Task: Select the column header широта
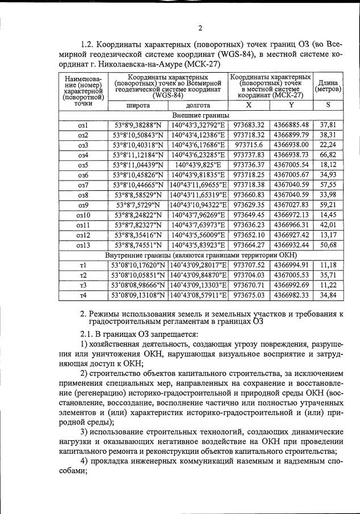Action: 138,105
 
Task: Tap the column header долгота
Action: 198,105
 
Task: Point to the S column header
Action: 328,105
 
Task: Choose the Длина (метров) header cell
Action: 328,86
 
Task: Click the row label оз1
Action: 83,124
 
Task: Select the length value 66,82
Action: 328,155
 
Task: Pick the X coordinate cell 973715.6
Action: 250,145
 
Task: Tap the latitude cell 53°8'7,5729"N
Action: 138,205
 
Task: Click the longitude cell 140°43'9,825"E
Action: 198,165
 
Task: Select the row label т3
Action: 83,285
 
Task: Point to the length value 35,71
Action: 328,274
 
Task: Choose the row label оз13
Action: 83,245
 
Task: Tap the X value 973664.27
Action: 250,245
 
